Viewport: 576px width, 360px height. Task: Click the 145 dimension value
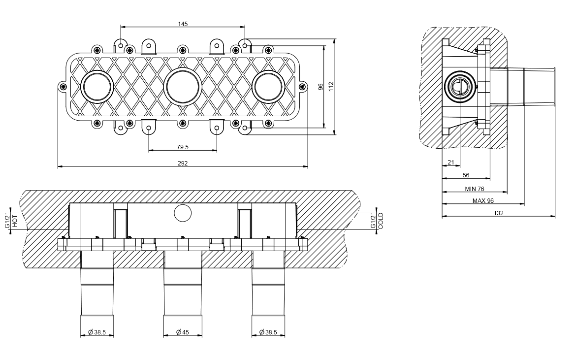[x=183, y=24]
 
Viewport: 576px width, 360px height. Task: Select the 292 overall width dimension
[x=183, y=163]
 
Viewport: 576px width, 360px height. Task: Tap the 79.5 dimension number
[x=183, y=147]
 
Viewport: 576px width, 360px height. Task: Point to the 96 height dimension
[x=320, y=87]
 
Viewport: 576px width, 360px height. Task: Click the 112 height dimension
[x=331, y=87]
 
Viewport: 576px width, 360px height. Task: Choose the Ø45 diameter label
[x=183, y=332]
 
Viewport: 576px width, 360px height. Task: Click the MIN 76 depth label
[x=475, y=189]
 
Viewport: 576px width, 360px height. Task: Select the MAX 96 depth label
[x=483, y=200]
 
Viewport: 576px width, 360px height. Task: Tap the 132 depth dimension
[x=498, y=213]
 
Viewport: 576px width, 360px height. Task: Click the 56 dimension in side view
[x=466, y=175]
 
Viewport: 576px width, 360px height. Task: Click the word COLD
[x=381, y=221]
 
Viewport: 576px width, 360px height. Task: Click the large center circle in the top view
[x=183, y=87]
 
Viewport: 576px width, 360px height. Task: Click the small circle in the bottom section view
[x=183, y=213]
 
